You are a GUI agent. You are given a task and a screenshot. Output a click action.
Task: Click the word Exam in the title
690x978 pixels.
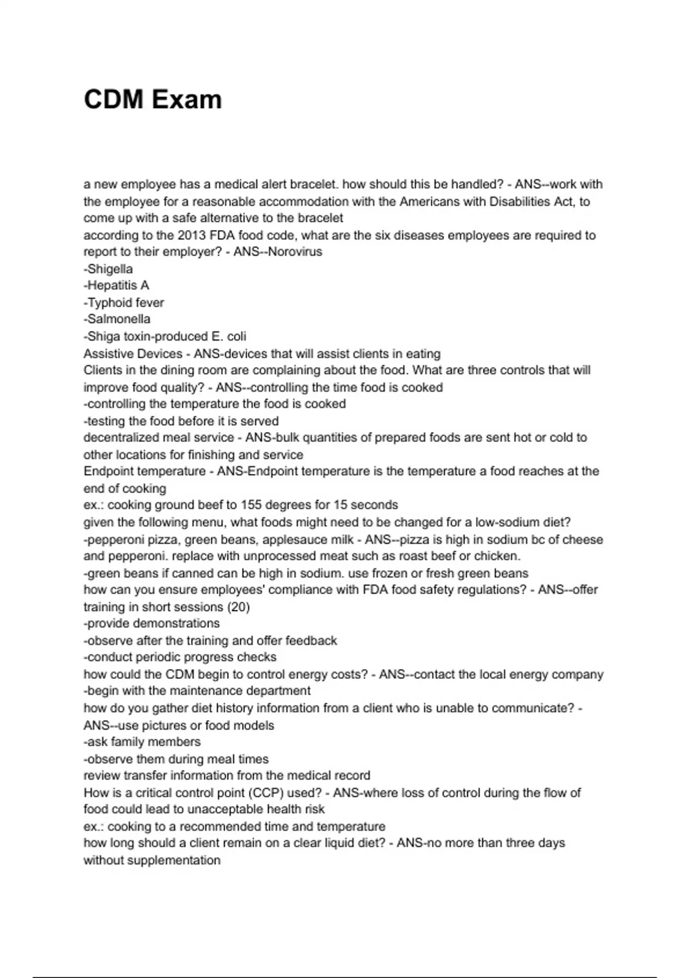pos(186,100)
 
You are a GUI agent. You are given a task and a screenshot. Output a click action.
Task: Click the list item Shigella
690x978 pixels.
pos(110,269)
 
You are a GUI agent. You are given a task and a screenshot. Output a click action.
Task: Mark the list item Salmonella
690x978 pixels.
pos(118,319)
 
